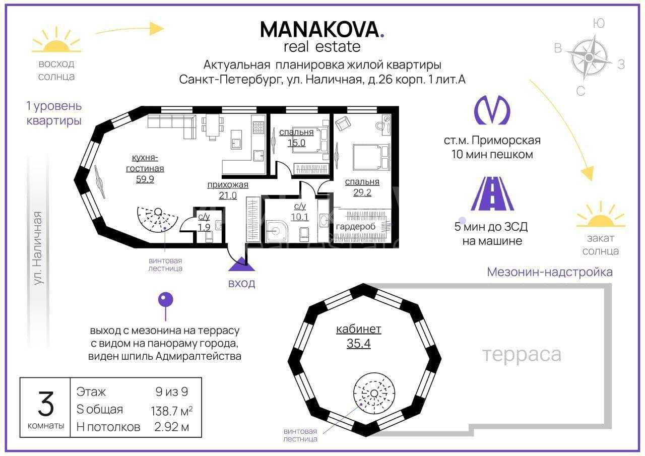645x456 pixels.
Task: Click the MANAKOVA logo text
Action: click(322, 29)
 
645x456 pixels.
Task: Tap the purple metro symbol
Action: click(492, 110)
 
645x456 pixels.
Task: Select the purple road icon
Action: click(492, 193)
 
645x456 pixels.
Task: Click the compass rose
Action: click(589, 57)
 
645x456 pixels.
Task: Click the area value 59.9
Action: click(145, 179)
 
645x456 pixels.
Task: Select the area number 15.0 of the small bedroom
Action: click(296, 143)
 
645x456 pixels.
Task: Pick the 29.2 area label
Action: click(362, 192)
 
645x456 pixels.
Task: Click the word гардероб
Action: click(356, 227)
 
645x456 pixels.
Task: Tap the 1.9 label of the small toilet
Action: click(204, 227)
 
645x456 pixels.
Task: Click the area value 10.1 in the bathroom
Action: click(300, 217)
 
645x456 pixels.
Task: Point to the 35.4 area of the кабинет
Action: click(358, 344)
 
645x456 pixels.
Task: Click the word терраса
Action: click(522, 355)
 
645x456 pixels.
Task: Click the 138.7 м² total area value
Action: click(172, 411)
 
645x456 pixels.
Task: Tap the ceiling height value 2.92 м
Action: click(172, 427)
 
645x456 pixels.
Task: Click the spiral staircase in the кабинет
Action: click(374, 393)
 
